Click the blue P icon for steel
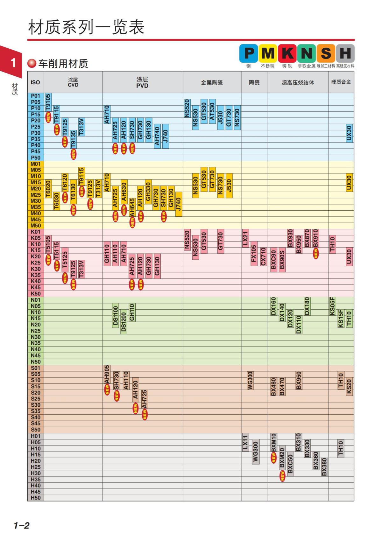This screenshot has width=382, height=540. point(249,53)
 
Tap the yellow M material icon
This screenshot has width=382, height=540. point(268,53)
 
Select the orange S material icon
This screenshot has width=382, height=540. point(326,53)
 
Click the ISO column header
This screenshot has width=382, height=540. point(35,82)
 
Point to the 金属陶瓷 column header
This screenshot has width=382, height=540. point(212,82)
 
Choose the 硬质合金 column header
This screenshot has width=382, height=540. point(341,82)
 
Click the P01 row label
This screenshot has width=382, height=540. point(36,96)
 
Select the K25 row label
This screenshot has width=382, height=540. point(36,263)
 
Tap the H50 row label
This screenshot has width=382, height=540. point(36,498)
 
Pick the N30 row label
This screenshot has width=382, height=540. point(36,337)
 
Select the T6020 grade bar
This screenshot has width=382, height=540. point(48,189)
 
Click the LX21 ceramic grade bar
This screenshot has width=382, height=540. point(245,238)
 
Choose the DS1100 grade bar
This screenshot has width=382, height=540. point(116,315)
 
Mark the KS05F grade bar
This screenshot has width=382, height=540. point(332,306)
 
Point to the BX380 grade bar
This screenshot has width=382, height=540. point(324,467)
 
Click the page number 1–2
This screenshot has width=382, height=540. point(21,525)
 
